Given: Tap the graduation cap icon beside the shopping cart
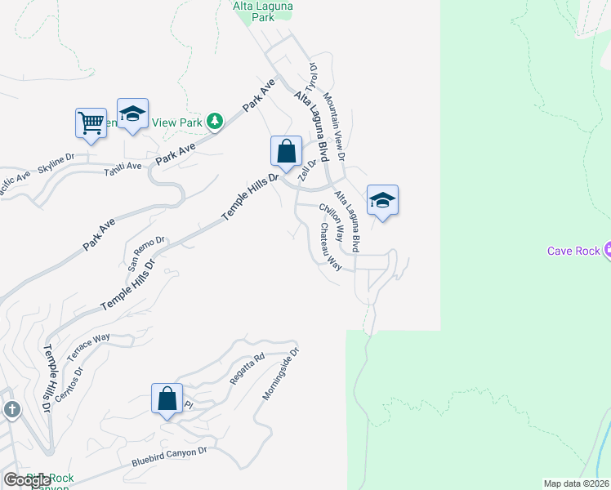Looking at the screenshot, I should pos(132,115).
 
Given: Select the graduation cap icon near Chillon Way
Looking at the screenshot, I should pos(381,200).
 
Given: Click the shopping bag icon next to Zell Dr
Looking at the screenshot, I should pos(286,151).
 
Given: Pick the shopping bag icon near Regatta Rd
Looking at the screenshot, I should pos(167,399).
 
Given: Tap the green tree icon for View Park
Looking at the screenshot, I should pos(215,122).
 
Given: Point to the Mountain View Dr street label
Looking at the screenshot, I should pos(335,125).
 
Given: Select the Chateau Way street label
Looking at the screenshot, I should pos(330,247).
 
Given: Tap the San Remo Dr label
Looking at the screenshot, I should pos(147,254).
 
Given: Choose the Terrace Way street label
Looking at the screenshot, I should pos(88,349).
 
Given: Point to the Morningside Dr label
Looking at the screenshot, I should pos(282,374).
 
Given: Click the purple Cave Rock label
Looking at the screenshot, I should pos(572,251).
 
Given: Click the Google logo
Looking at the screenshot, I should pos(26,480).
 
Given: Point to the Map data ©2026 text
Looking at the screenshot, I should pos(576,483).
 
